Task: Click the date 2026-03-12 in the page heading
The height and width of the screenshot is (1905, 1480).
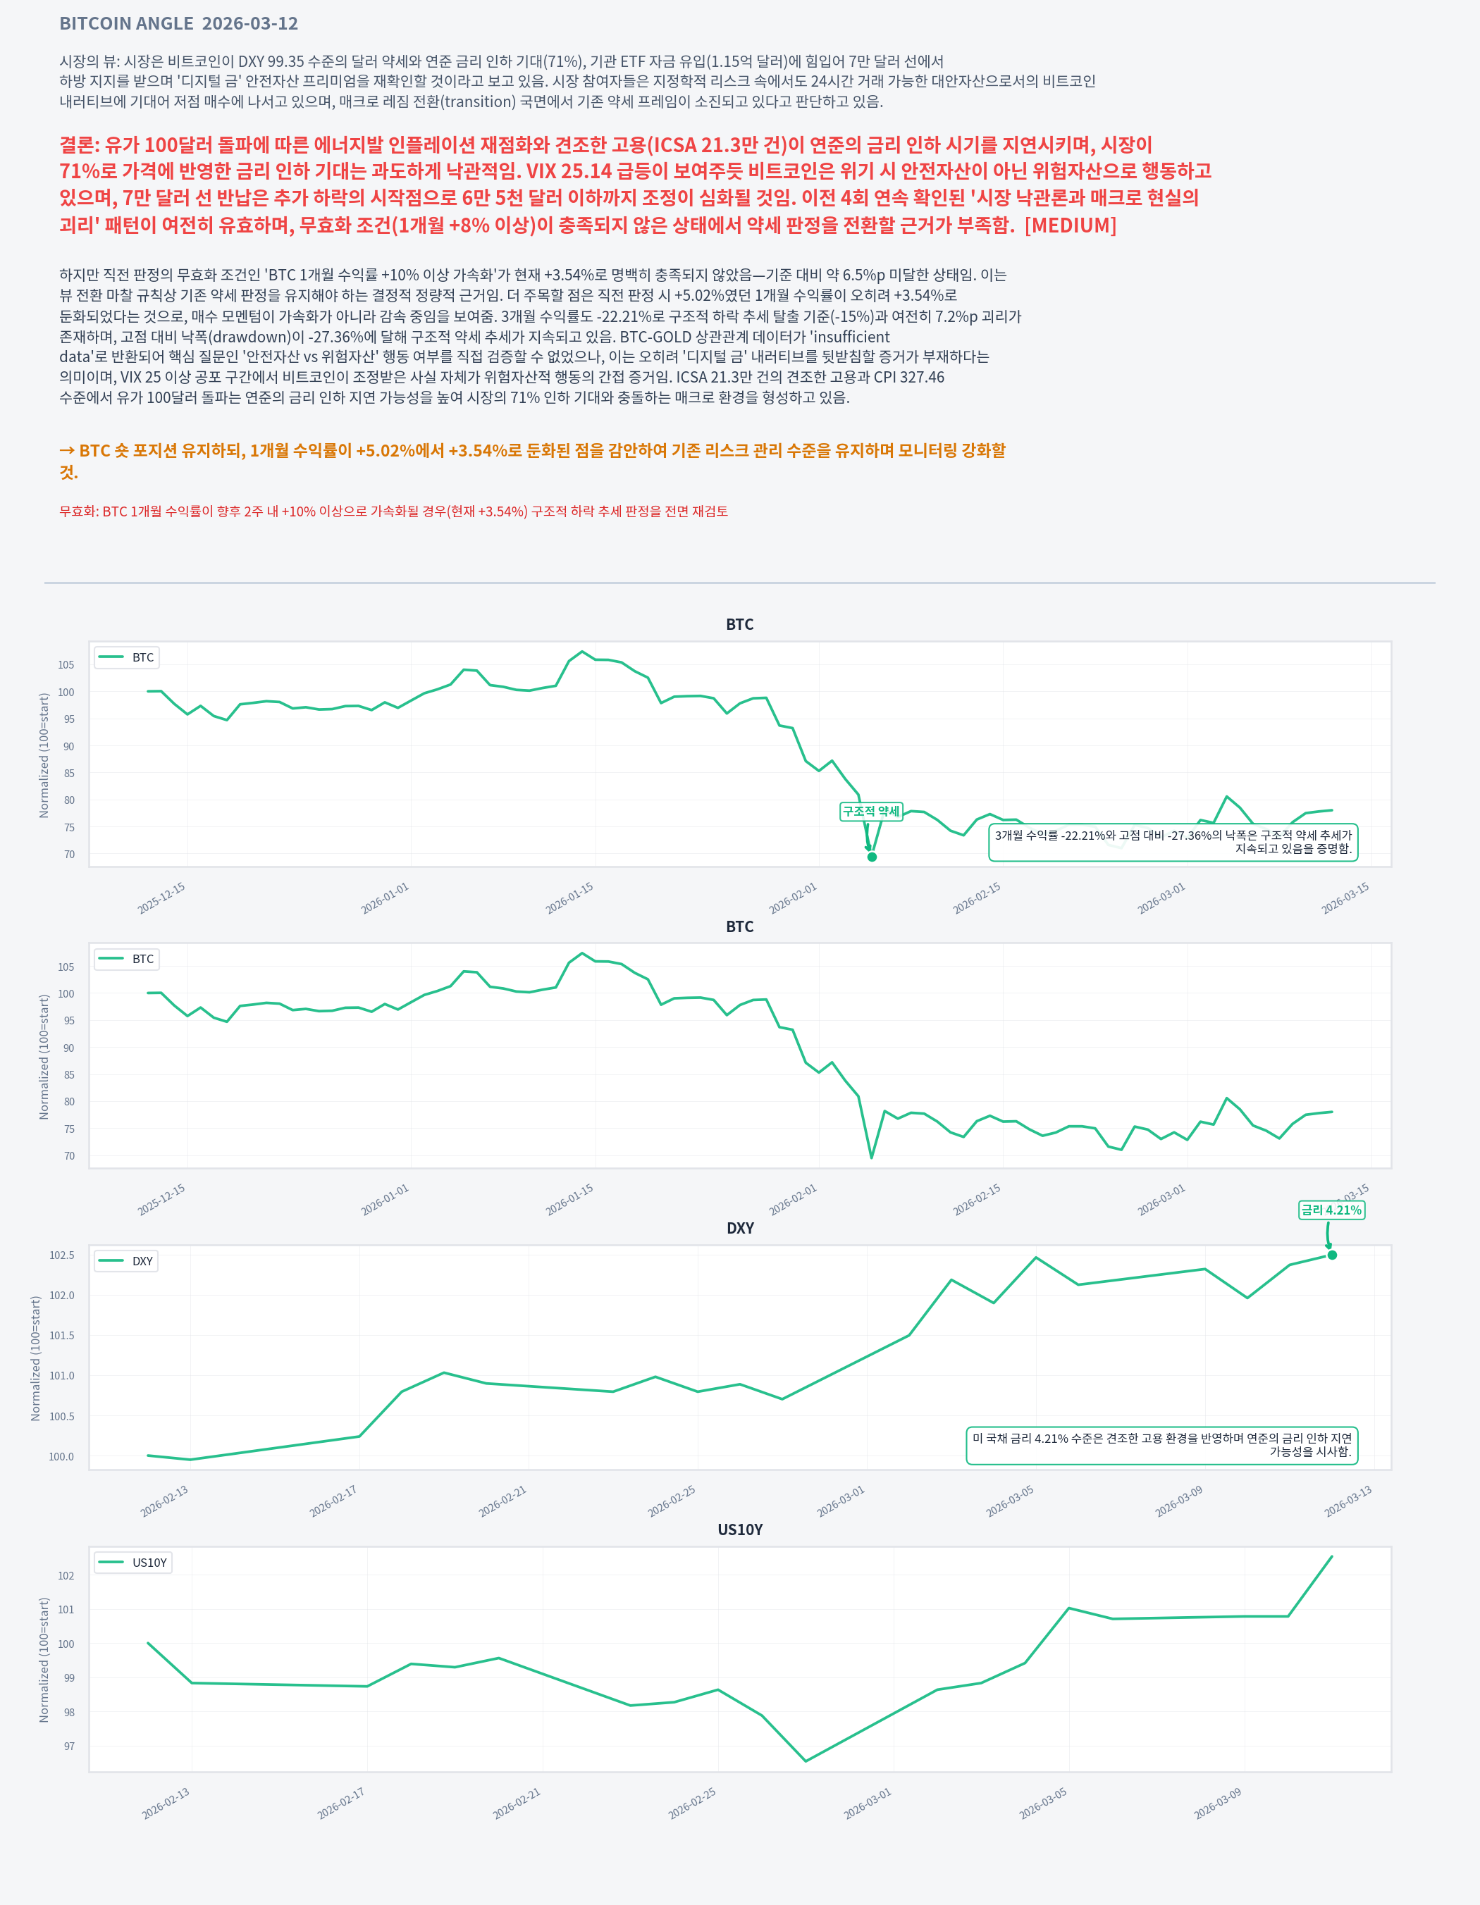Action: click(249, 23)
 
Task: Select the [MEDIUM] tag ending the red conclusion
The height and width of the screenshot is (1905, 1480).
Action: click(1070, 225)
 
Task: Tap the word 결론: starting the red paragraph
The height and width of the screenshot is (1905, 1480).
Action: click(80, 145)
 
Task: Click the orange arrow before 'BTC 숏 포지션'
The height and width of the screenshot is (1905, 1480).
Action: click(67, 450)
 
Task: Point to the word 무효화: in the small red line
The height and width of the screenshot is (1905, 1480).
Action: click(78, 511)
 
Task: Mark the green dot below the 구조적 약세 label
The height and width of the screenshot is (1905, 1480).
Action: click(872, 857)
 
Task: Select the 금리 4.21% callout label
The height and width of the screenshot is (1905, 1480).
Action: click(1331, 1210)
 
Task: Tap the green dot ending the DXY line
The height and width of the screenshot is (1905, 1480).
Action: click(1332, 1255)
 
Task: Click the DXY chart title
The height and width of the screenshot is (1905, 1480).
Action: click(740, 1228)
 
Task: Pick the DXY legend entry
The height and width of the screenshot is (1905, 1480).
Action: click(127, 1261)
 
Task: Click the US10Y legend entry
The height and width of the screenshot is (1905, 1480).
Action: click(133, 1562)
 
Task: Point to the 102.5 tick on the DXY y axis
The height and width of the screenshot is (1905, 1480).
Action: click(61, 1255)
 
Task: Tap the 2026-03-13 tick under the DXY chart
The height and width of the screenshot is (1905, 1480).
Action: click(1348, 1501)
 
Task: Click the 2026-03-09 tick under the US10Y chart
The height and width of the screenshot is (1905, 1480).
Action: click(1217, 1803)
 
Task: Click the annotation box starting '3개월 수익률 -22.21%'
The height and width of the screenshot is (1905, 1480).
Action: click(1173, 842)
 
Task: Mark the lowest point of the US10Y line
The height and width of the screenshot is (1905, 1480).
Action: click(806, 1760)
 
